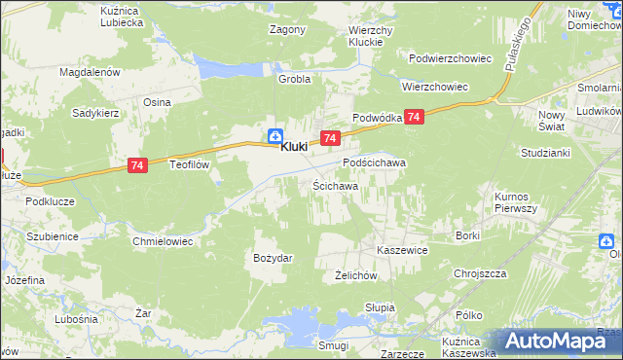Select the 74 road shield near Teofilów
[136, 167]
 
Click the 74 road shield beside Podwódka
[415, 117]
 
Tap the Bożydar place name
[274, 257]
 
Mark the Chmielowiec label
[164, 239]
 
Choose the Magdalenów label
[90, 72]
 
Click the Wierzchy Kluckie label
[370, 37]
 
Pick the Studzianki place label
[544, 153]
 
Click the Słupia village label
[379, 307]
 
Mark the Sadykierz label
[94, 112]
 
